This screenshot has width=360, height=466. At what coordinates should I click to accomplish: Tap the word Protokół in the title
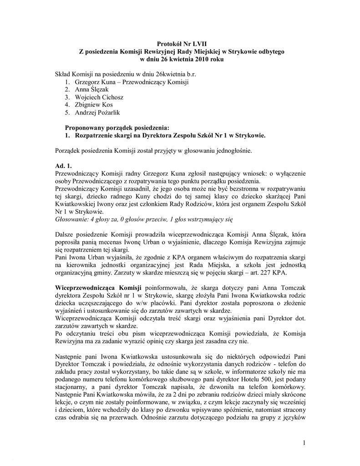169,44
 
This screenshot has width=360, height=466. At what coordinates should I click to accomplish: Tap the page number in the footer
303,443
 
